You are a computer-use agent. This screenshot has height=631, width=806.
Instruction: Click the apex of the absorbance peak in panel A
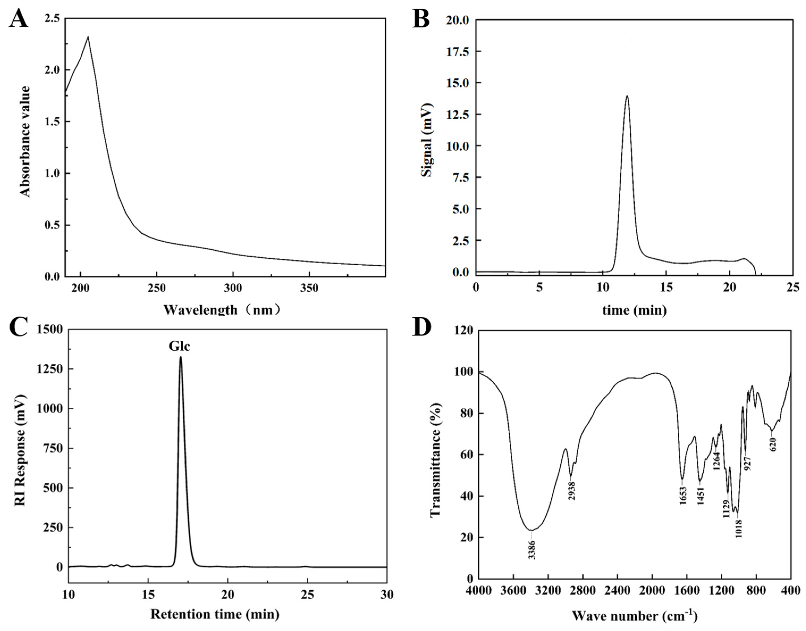click(x=87, y=37)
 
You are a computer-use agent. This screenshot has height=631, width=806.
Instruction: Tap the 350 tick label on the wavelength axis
click(x=309, y=288)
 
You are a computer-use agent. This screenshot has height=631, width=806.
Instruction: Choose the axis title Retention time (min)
click(x=215, y=614)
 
